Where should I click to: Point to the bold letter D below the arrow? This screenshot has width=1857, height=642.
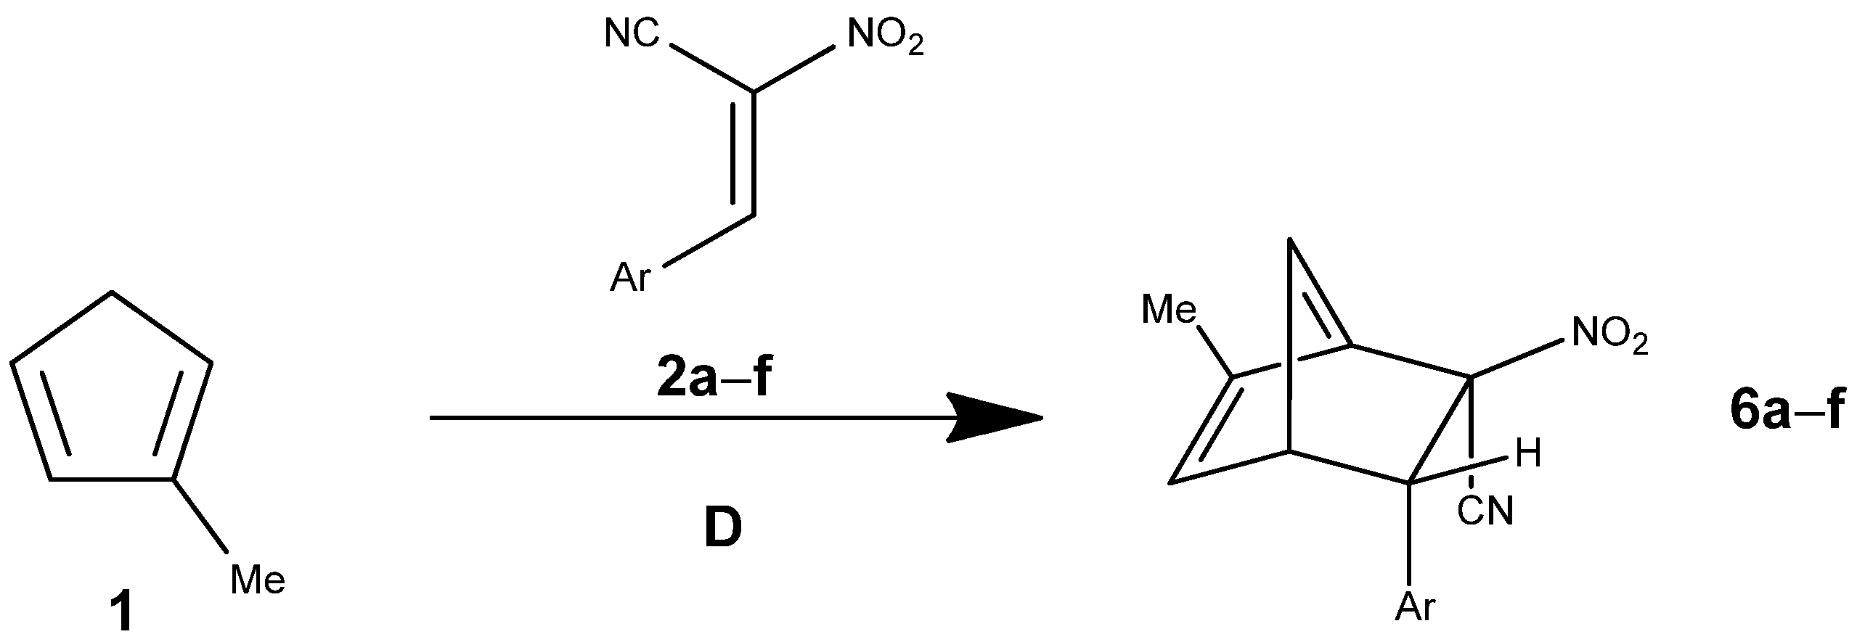click(723, 531)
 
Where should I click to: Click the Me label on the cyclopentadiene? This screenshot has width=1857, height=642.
click(258, 580)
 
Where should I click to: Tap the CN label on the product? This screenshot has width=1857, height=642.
click(1485, 511)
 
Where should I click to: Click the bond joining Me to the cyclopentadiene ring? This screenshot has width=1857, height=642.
click(200, 513)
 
